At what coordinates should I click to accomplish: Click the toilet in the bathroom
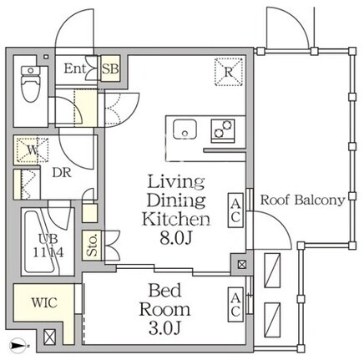[x=31, y=83]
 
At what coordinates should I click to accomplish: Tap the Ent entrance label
[x=74, y=68]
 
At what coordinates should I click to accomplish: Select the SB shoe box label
[x=110, y=68]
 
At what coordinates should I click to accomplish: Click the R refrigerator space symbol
[x=229, y=72]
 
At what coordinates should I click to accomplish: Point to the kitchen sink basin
[x=185, y=129]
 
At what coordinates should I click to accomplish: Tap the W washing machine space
[x=32, y=150]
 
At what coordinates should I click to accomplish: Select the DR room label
[x=62, y=173]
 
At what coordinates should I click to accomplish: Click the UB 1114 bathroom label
[x=48, y=246]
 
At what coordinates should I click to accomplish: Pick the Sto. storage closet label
[x=92, y=246]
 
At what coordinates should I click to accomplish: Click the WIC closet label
[x=44, y=302]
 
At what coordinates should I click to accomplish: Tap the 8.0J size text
[x=176, y=238]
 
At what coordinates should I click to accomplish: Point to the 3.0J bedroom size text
[x=165, y=327]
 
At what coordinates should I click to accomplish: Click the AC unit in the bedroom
[x=235, y=305]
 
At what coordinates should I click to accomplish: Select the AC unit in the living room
[x=235, y=210]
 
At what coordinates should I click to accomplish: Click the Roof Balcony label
[x=302, y=200]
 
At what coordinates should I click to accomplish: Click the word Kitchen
[x=176, y=219]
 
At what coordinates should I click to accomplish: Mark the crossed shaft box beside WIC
[x=50, y=337]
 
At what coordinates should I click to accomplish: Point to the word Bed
[x=164, y=290]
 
